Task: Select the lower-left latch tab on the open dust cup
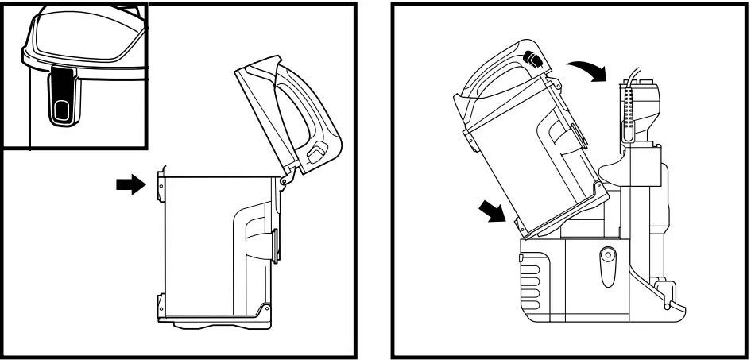(161, 303)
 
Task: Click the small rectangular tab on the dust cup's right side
(275, 242)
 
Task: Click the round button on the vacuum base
(608, 255)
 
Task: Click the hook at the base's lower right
(668, 299)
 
